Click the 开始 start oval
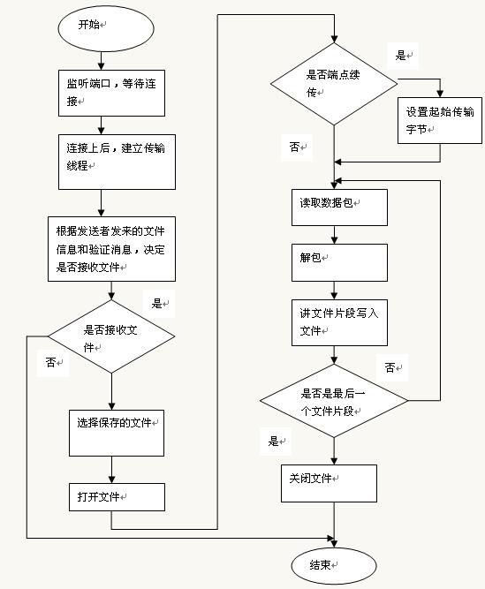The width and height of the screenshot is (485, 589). pyautogui.click(x=106, y=28)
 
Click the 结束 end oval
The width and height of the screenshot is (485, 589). pyautogui.click(x=334, y=565)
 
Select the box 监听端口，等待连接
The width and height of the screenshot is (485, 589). pyautogui.click(x=111, y=93)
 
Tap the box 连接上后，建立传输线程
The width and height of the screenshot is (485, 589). pyautogui.click(x=117, y=162)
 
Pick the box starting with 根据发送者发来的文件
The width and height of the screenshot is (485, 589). pyautogui.click(x=111, y=249)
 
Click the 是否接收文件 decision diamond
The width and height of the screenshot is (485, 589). pyautogui.click(x=111, y=336)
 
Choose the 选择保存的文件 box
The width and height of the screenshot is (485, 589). pyautogui.click(x=117, y=433)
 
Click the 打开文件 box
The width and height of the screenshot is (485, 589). pyautogui.click(x=117, y=497)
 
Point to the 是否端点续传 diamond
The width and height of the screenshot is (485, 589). pyautogui.click(x=334, y=84)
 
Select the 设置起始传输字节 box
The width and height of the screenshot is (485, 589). pyautogui.click(x=440, y=121)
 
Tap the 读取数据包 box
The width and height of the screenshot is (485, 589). pyautogui.click(x=339, y=208)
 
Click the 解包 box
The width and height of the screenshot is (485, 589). pyautogui.click(x=339, y=262)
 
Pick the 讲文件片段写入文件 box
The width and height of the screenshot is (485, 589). pyautogui.click(x=339, y=322)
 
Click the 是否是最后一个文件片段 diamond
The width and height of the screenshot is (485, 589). pyautogui.click(x=334, y=401)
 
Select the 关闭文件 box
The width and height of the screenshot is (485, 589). pyautogui.click(x=330, y=483)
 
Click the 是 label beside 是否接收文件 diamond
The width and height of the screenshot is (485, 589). pyautogui.click(x=156, y=303)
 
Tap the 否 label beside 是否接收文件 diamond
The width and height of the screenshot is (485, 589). pyautogui.click(x=50, y=362)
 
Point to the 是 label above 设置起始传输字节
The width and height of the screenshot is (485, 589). pyautogui.click(x=400, y=56)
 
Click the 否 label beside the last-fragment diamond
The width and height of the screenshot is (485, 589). pyautogui.click(x=390, y=367)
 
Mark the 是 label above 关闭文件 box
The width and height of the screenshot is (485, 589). pyautogui.click(x=273, y=441)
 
